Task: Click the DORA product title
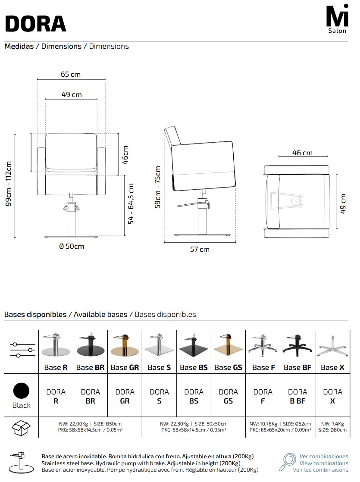36,24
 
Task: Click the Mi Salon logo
337,19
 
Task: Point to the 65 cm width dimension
71,75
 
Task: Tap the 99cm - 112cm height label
9,184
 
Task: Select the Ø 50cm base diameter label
72,246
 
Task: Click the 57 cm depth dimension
200,249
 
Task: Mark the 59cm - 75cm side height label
157,187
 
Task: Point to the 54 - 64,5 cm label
131,204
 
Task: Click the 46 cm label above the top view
302,153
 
